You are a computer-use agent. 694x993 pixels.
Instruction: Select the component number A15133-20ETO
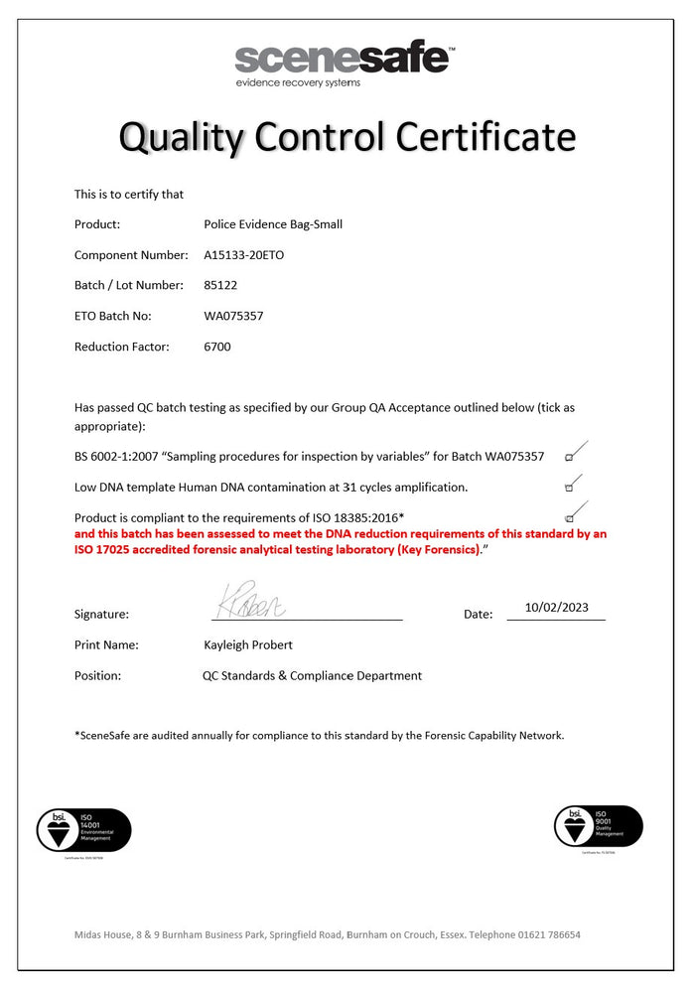click(x=243, y=255)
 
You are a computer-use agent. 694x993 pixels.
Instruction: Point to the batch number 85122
click(x=220, y=285)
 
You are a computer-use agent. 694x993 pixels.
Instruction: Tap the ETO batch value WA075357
click(x=233, y=316)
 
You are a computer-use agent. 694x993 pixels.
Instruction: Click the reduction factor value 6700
click(x=217, y=347)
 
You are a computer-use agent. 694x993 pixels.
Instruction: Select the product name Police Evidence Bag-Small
click(x=273, y=224)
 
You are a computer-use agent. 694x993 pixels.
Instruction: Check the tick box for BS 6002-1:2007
click(x=569, y=457)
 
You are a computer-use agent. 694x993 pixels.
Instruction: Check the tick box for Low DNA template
click(x=569, y=488)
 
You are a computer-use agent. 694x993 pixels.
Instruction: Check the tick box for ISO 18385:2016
click(x=569, y=518)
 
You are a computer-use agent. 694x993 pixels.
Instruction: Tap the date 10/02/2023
click(x=555, y=608)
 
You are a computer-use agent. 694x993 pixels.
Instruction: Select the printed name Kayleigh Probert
click(x=248, y=644)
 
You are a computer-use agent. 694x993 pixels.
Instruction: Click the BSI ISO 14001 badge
click(x=83, y=829)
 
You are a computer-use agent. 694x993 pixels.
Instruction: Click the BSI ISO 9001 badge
click(x=599, y=826)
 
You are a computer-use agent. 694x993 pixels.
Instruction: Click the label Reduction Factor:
click(x=122, y=347)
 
